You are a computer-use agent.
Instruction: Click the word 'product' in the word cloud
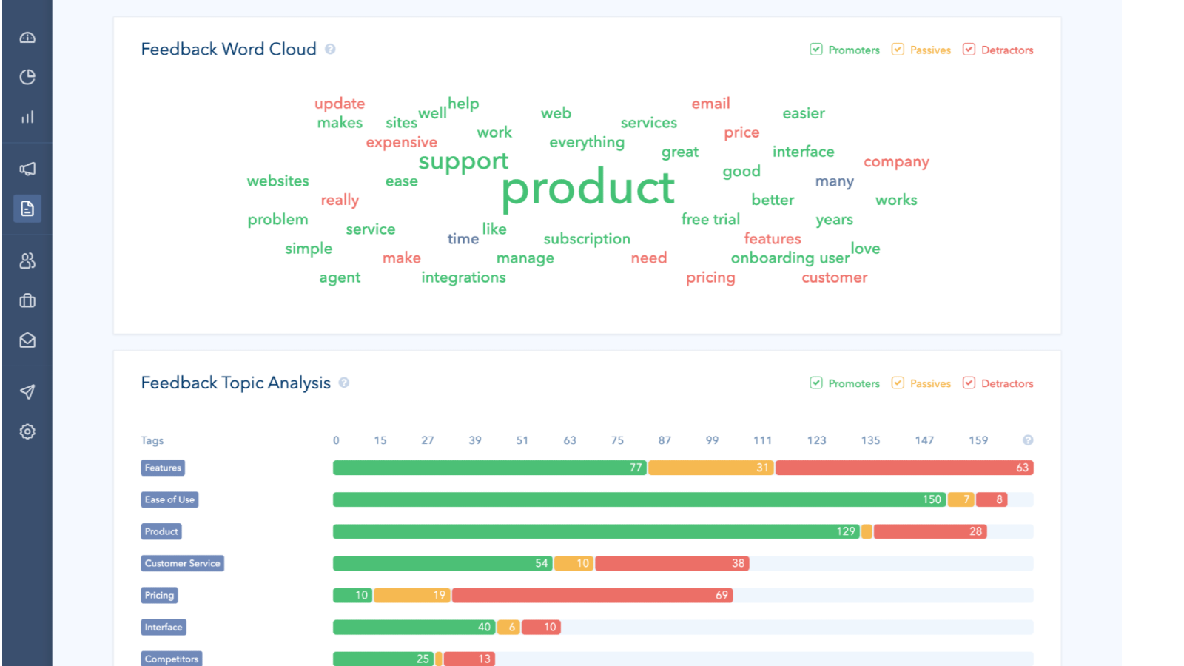pos(588,188)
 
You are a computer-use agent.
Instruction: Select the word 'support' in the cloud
pos(463,161)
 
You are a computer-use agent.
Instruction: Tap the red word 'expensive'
pos(401,142)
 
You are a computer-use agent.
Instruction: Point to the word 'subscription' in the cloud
pos(587,239)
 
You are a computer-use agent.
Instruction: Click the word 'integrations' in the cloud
pos(463,277)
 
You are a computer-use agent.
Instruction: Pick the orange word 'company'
pos(896,162)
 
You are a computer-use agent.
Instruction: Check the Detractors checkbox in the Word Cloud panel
pos(969,50)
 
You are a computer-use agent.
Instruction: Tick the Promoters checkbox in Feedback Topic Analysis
pos(816,383)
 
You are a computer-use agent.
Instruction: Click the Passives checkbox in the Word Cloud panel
pos(898,50)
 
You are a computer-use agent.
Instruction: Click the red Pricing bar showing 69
pos(592,595)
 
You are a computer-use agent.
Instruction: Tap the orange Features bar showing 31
pos(710,468)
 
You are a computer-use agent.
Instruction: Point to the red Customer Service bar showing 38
pos(672,563)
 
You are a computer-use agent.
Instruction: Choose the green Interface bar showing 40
pos(414,627)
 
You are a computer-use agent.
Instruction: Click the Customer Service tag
pos(182,563)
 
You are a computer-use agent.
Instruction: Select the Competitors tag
pos(171,659)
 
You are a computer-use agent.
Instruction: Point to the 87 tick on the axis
pos(665,440)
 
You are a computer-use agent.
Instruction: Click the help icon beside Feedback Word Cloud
pos(330,49)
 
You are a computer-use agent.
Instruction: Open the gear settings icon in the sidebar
pos(27,431)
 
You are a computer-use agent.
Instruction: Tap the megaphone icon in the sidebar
pos(27,169)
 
